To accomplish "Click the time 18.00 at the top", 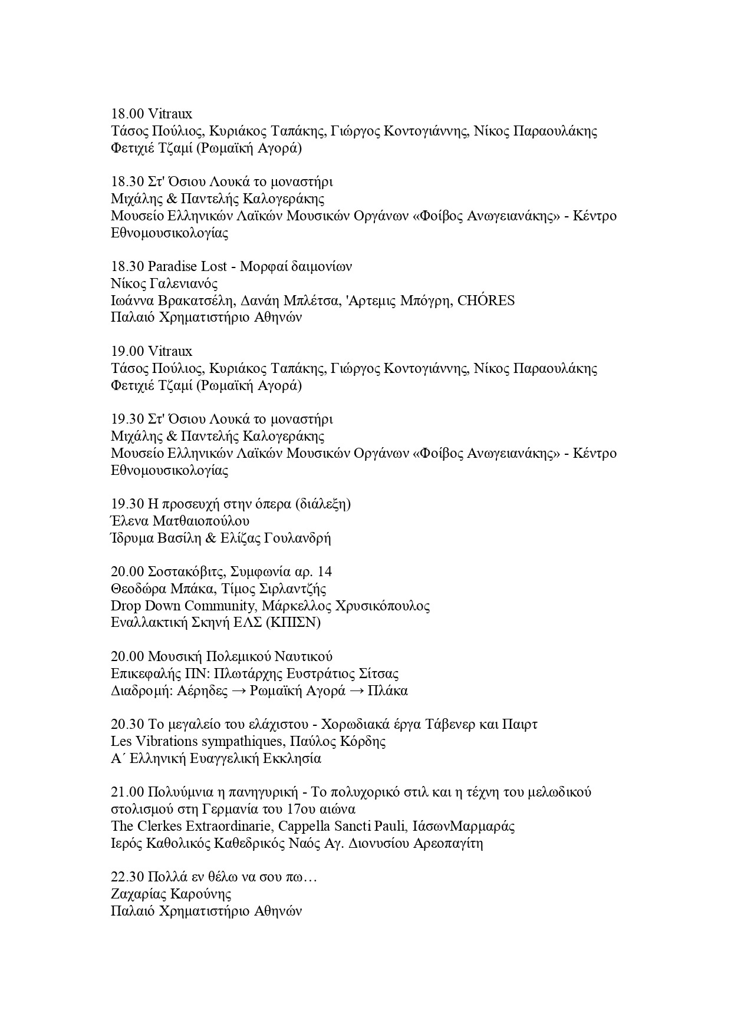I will point(127,114).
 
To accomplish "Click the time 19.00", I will point(127,352).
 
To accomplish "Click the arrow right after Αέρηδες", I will point(239,691).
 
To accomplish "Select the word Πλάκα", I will point(387,691).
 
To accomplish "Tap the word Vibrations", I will point(173,742).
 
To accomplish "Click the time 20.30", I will point(127,725).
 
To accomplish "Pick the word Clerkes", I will point(166,827).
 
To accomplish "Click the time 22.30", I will point(127,877).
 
